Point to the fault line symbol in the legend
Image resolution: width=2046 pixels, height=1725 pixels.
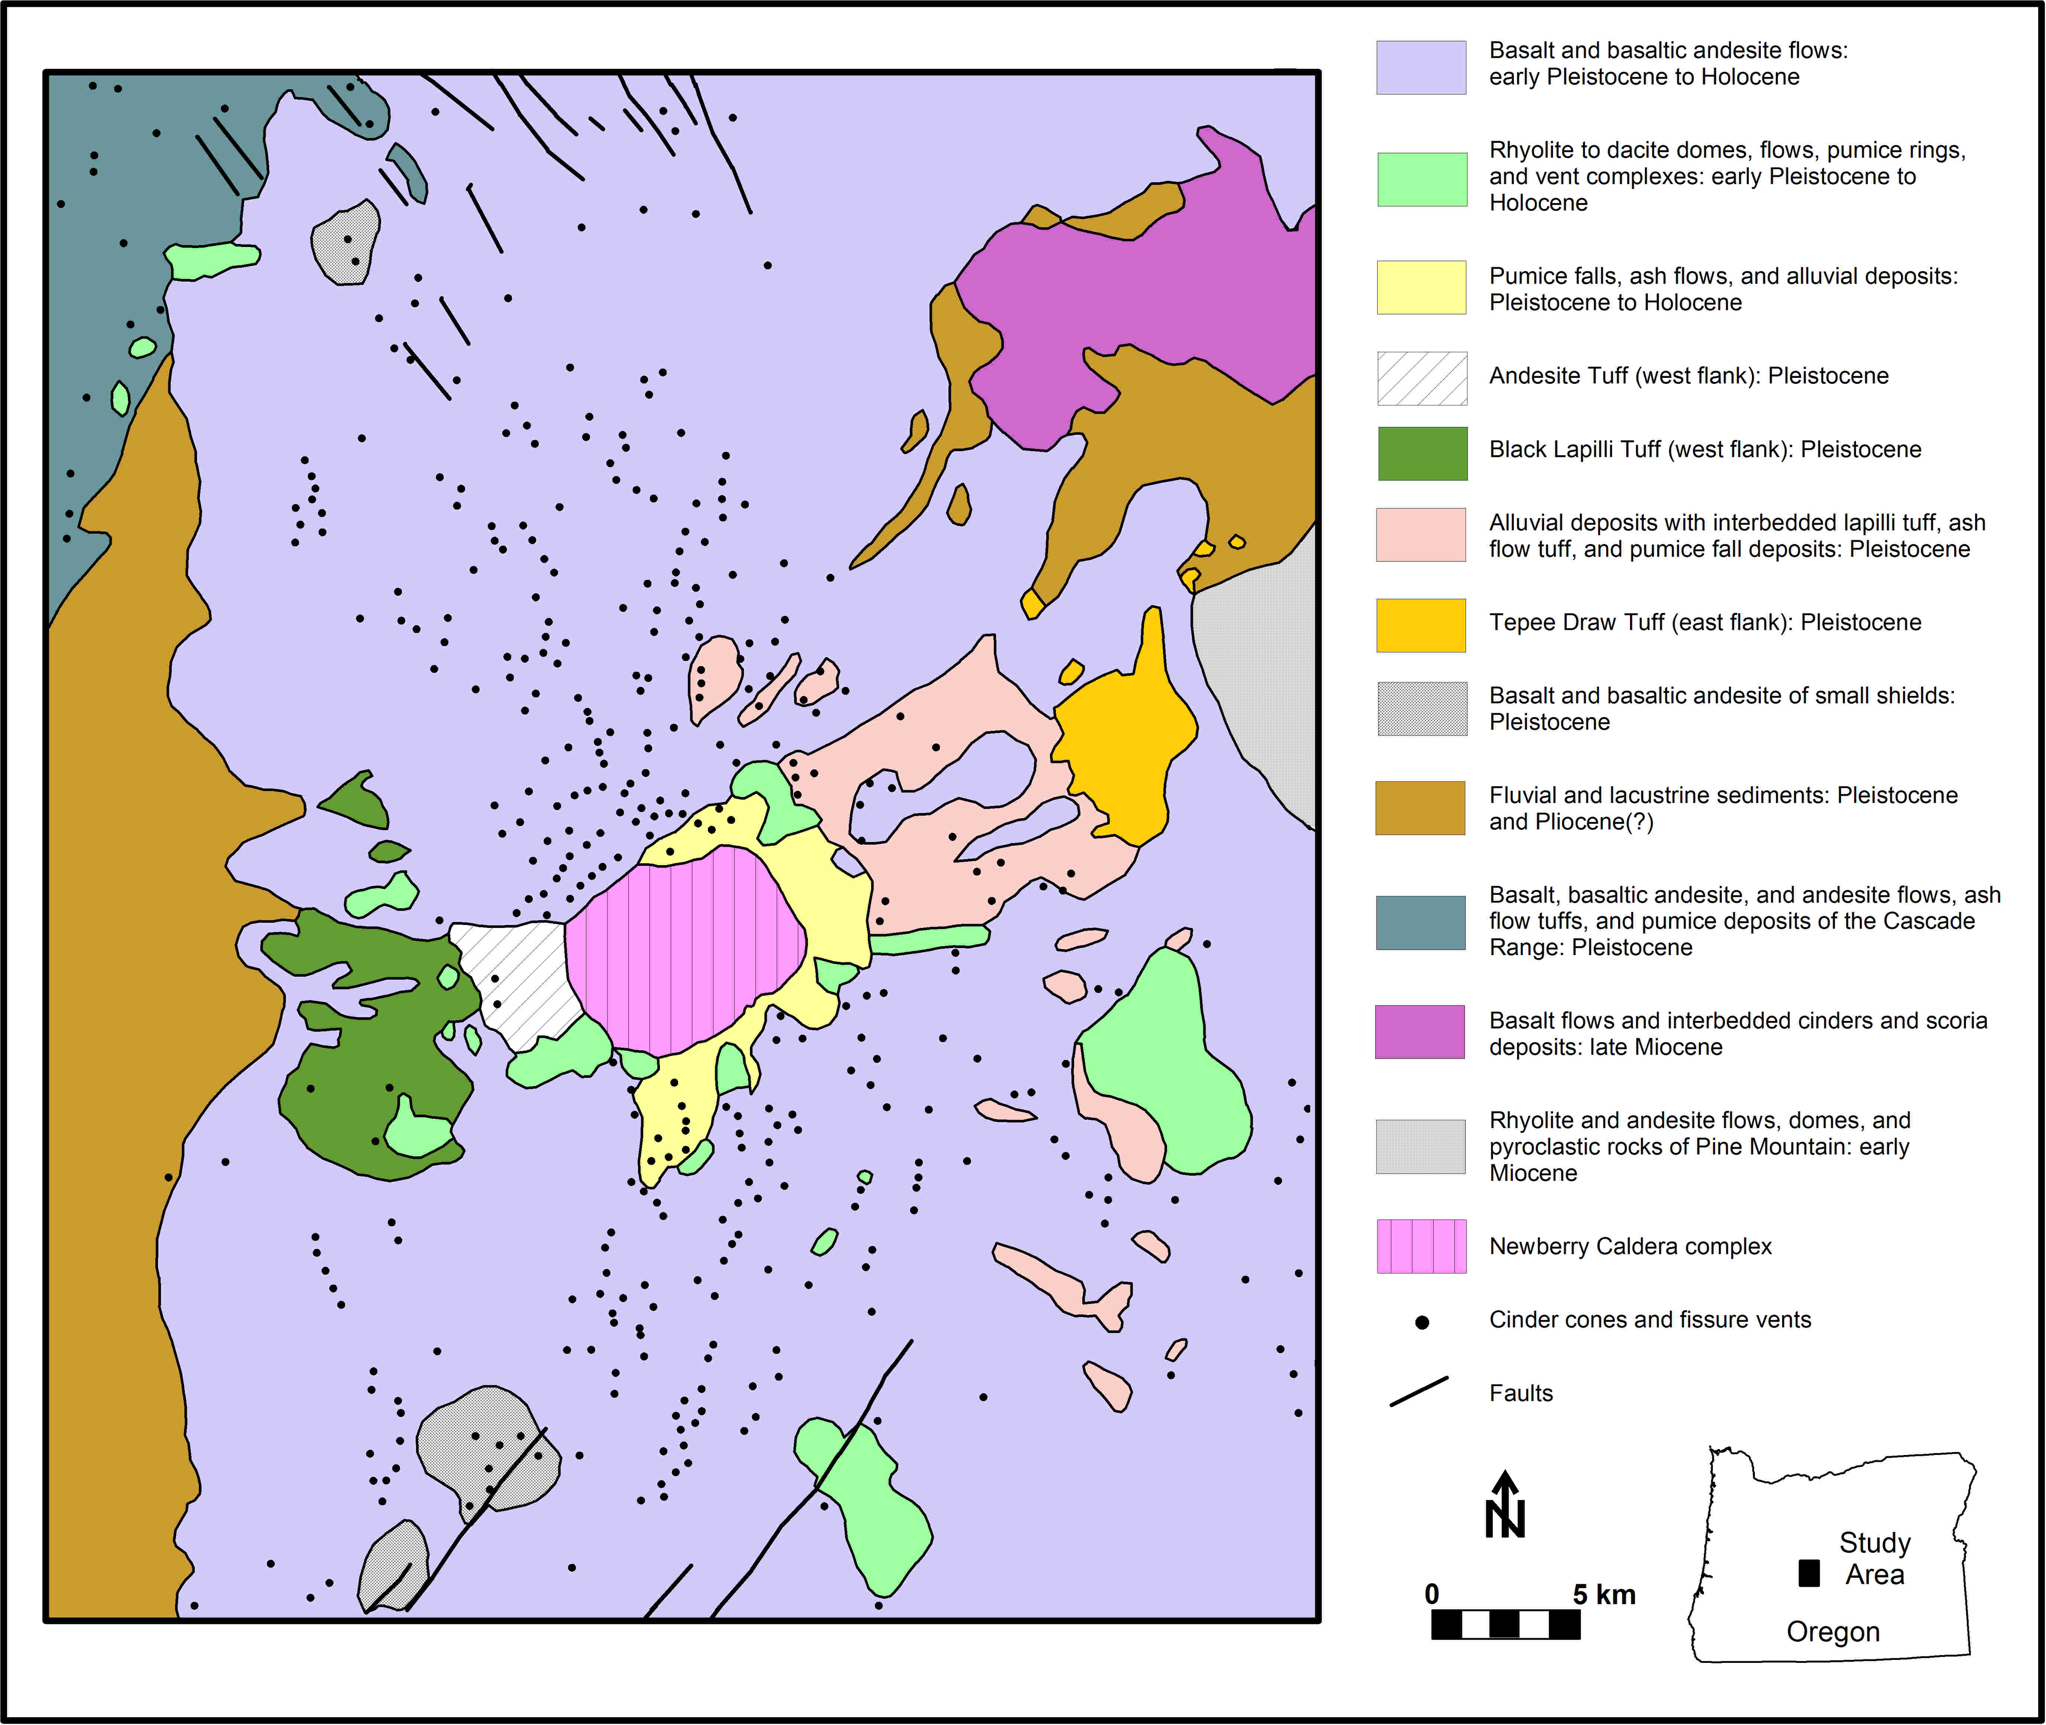pos(1418,1392)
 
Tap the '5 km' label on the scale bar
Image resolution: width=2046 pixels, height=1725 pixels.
pos(1603,1595)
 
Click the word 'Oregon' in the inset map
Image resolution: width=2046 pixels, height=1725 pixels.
pos(1833,1632)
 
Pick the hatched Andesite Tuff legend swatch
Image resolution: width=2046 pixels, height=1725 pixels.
pos(1421,379)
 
